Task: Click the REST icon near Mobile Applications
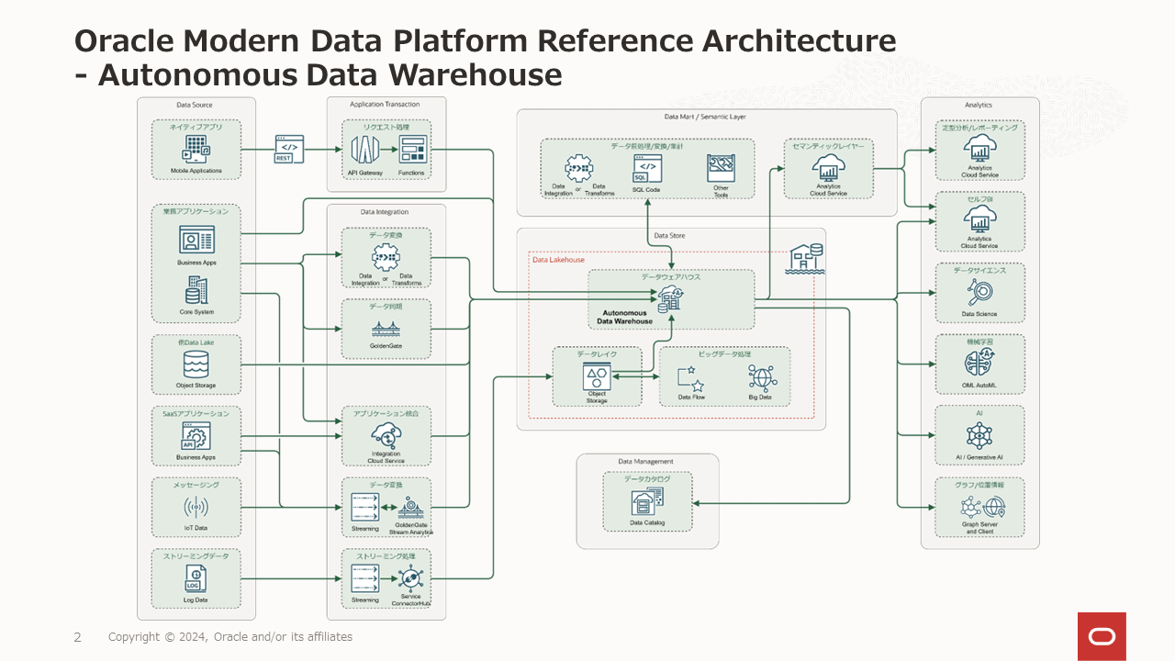pos(288,149)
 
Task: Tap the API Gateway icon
pos(364,150)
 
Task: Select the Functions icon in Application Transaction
pos(412,150)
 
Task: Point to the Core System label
pos(196,312)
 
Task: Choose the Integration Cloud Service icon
pos(386,435)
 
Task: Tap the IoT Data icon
pos(196,508)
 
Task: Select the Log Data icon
pos(196,579)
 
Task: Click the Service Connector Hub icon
pos(410,579)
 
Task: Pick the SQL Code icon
pos(646,169)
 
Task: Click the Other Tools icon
pos(721,169)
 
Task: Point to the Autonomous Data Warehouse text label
pos(624,317)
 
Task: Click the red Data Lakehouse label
pos(558,260)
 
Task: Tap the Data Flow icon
pos(690,377)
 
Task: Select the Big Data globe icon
pos(761,377)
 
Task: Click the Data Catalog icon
pos(647,501)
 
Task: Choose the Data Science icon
pos(979,292)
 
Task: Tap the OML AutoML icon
pos(979,363)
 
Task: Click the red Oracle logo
pos(1102,636)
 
